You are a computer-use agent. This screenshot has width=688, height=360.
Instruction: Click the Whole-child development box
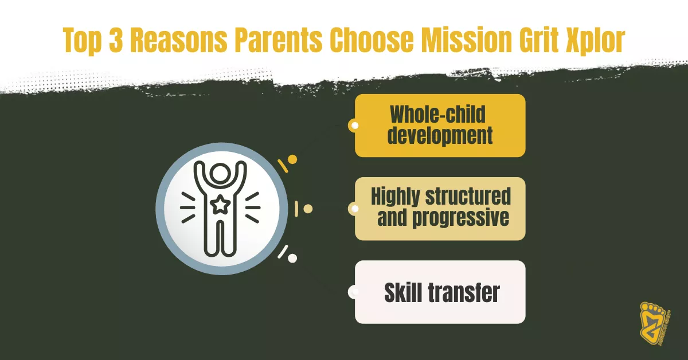coord(440,126)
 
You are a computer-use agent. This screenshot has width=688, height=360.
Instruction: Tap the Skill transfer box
coord(440,292)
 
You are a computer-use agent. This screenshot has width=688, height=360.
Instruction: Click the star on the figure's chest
coord(218,205)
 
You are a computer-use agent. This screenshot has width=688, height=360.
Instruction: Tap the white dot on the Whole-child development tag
coord(355,126)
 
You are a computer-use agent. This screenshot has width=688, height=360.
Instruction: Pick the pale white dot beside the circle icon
coord(292,259)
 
